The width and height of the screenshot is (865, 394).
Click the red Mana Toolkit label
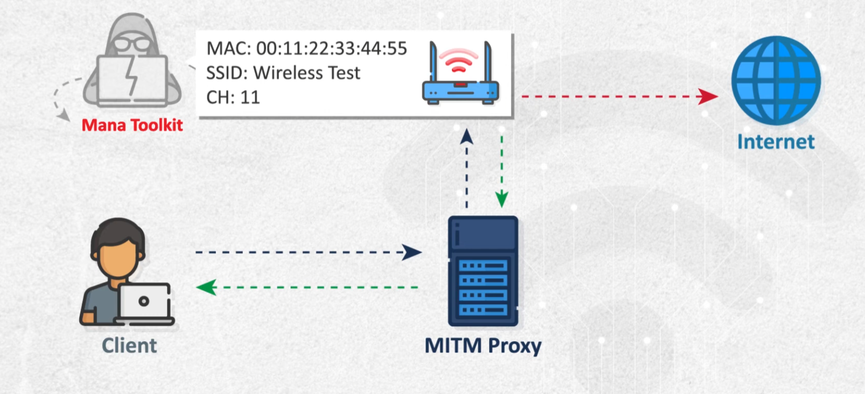click(x=132, y=125)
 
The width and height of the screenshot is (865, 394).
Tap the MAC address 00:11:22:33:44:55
click(x=331, y=48)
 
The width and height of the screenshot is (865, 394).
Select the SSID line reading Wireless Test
click(x=283, y=73)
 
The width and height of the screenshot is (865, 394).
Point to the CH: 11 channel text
click(x=233, y=97)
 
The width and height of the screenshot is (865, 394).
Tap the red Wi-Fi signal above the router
click(x=458, y=60)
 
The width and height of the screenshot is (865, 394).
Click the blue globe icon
click(x=776, y=81)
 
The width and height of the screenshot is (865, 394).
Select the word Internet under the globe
click(x=776, y=142)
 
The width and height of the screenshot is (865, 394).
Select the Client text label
click(x=129, y=346)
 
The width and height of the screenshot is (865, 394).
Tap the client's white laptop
click(x=144, y=301)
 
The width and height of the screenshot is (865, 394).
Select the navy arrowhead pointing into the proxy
click(x=412, y=252)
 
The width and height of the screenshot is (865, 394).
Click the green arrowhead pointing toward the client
click(x=206, y=287)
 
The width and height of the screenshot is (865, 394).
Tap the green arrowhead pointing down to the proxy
click(x=501, y=199)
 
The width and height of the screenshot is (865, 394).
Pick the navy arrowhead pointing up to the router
click(x=467, y=137)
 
